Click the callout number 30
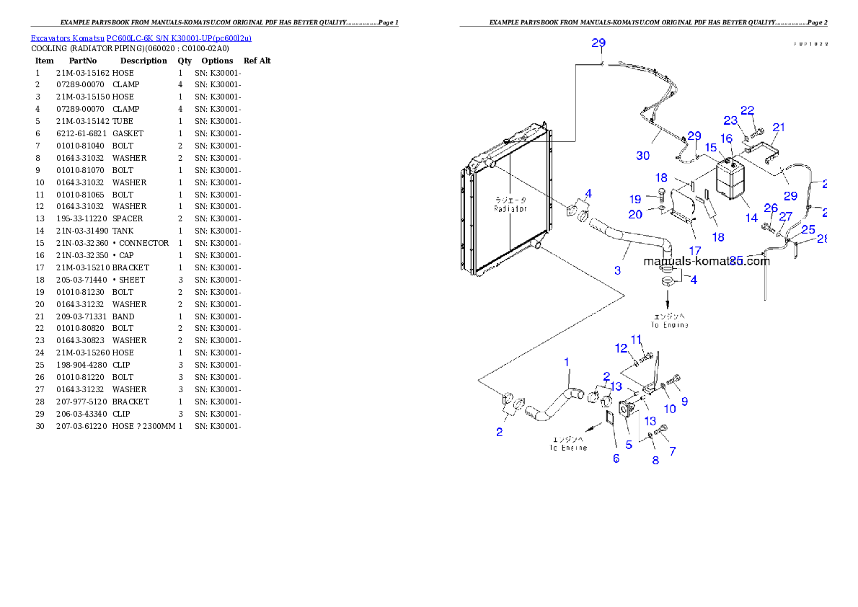pos(642,156)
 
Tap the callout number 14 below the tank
pos(751,218)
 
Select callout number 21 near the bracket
pos(779,128)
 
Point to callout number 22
pos(748,110)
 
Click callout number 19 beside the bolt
pos(634,199)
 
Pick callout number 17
pos(694,251)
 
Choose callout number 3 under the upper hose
pos(617,270)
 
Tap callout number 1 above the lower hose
pos(567,361)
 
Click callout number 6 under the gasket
pos(616,458)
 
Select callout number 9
pos(684,402)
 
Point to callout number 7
pos(672,451)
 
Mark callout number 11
pos(636,340)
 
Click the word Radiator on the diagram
pos(510,209)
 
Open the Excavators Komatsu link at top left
pos(141,38)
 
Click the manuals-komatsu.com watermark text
pos(707,261)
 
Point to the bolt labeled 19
pos(660,192)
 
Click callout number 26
pos(771,209)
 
